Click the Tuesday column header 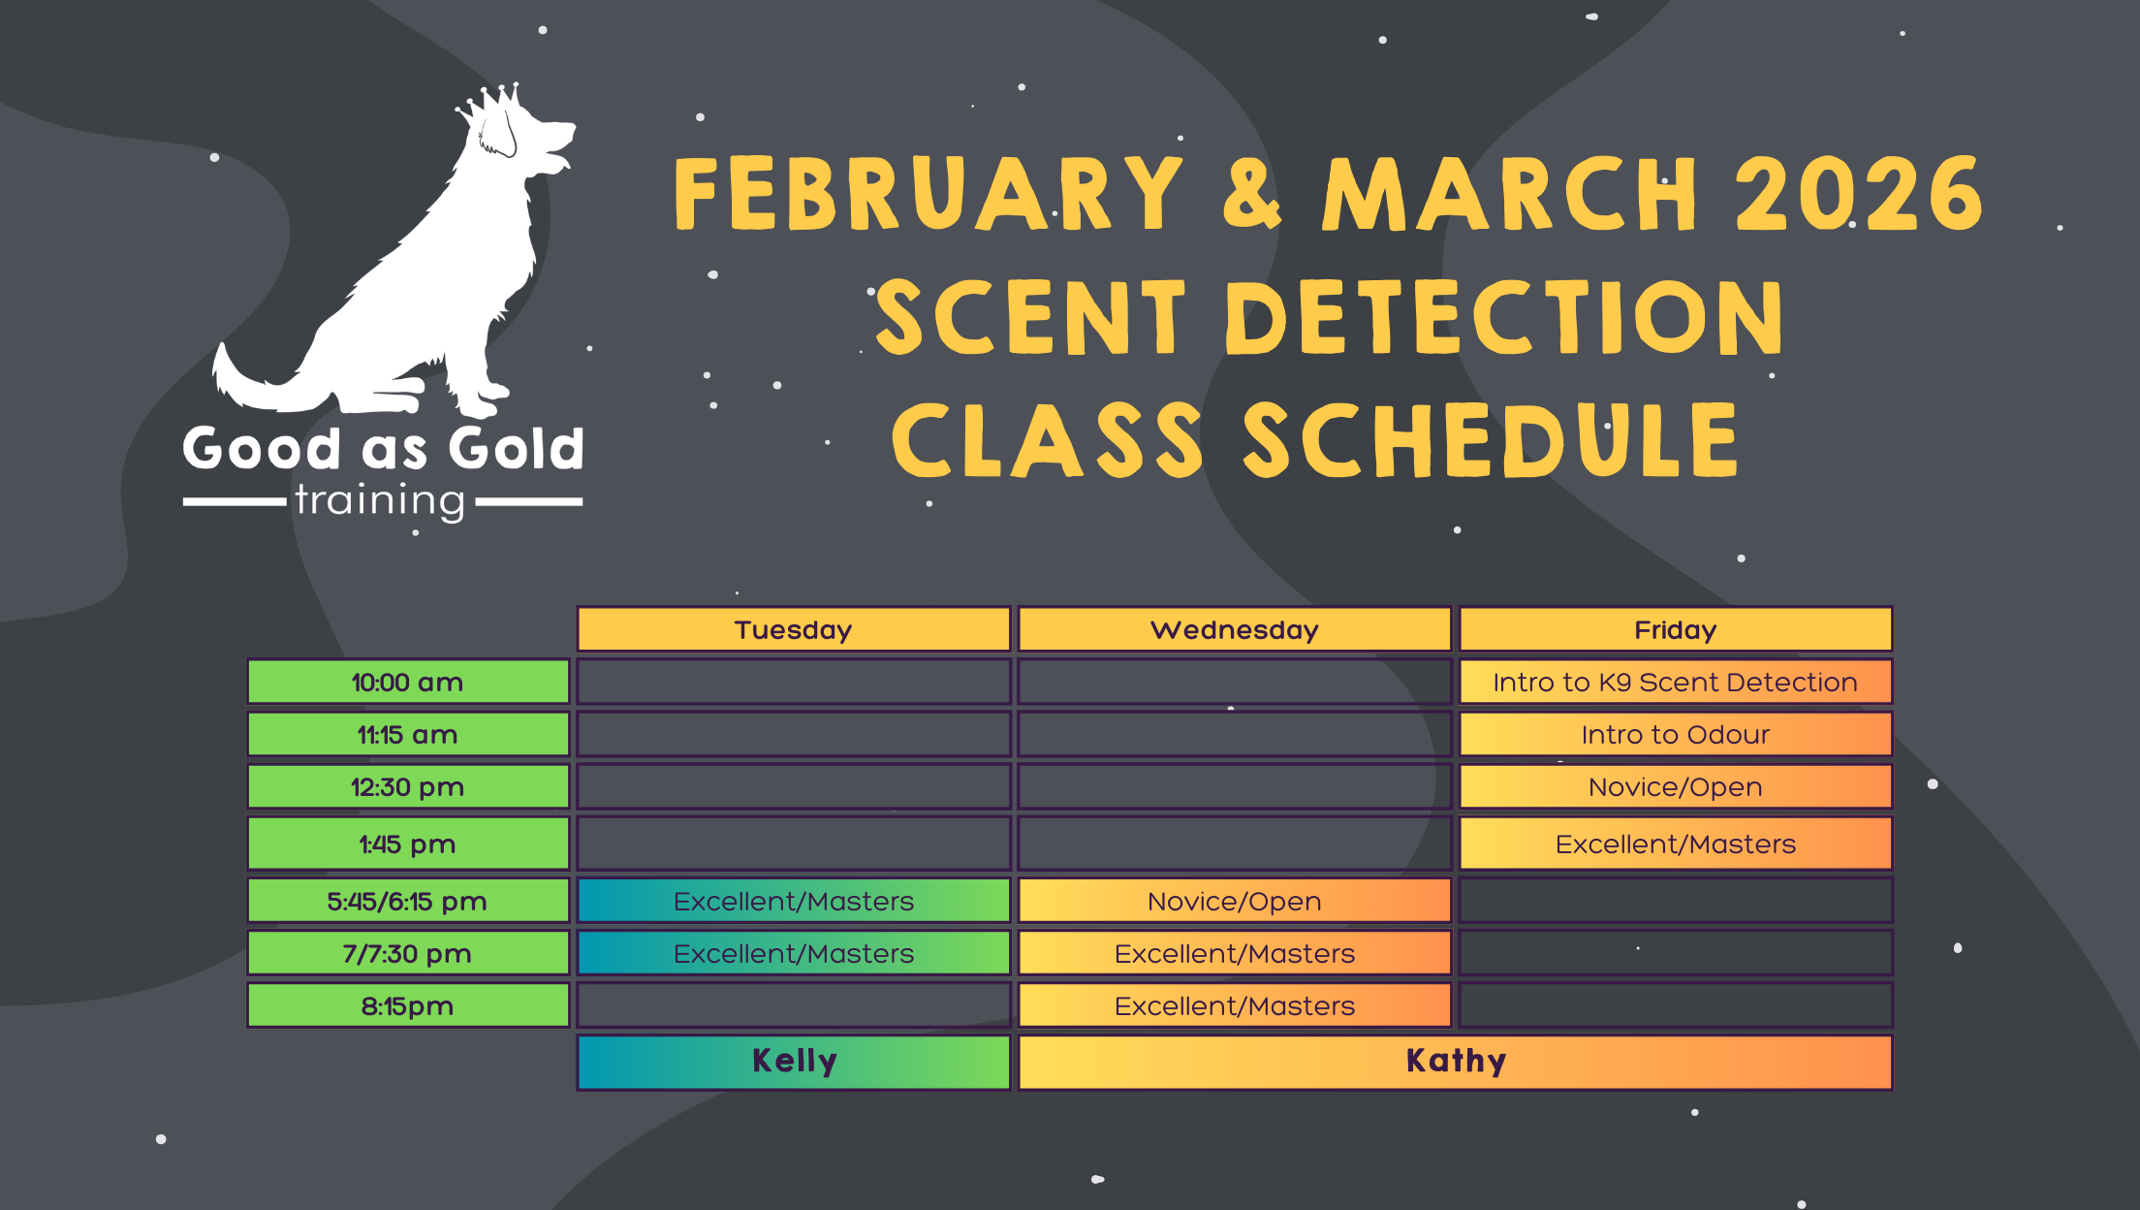[794, 629]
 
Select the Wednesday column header [1235, 629]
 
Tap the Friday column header [1676, 629]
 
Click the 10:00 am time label [408, 682]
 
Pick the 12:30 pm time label [408, 786]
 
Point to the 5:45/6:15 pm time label [408, 901]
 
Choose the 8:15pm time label [408, 1005]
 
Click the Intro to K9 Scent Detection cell [1676, 682]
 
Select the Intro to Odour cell [1676, 734]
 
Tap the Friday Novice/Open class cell [1676, 786]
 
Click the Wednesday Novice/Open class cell [1235, 901]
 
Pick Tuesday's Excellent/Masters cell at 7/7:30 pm [794, 953]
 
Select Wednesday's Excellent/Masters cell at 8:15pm [1235, 1005]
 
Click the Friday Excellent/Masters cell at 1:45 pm [1676, 844]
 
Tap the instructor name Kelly [795, 1061]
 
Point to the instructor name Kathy [1456, 1061]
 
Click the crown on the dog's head [490, 103]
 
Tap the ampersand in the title [1252, 194]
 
